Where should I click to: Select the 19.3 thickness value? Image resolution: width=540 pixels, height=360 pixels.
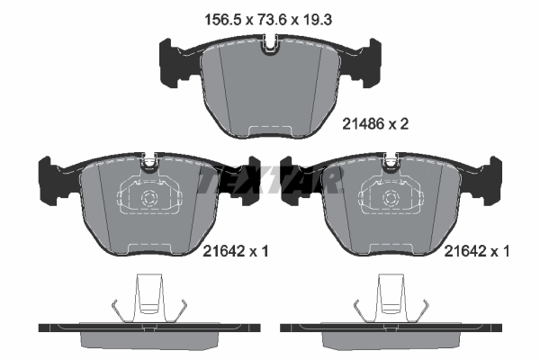click(x=321, y=16)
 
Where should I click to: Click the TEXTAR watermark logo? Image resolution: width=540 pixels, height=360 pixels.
click(x=269, y=183)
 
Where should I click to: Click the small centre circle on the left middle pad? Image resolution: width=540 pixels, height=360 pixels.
click(x=148, y=199)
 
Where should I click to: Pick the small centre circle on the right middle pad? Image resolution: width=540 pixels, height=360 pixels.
click(x=390, y=199)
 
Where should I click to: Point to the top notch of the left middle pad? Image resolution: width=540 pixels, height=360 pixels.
click(x=148, y=165)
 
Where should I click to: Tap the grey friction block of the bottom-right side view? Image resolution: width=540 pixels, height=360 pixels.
click(x=390, y=341)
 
